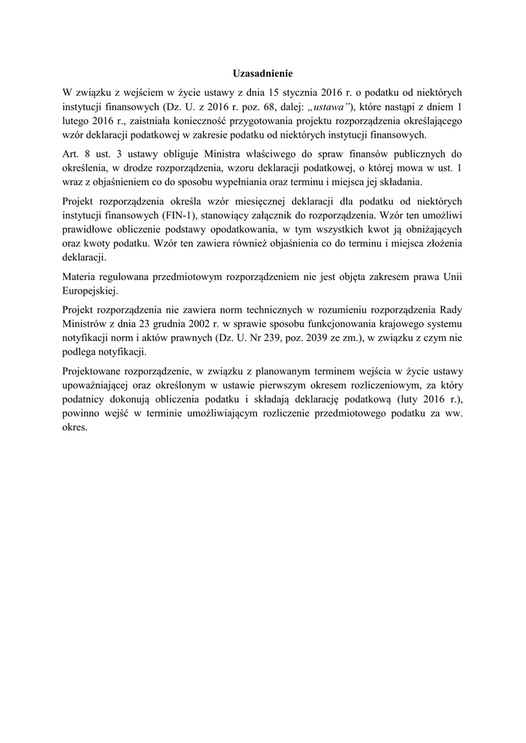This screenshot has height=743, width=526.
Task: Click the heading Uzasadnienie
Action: [263, 73]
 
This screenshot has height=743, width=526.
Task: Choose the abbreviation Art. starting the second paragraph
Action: [73, 154]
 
